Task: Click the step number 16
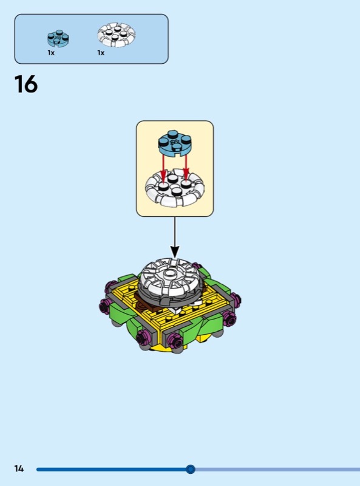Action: [26, 84]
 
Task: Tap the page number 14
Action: [19, 468]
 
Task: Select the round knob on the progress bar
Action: [191, 469]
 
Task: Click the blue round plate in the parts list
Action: [58, 38]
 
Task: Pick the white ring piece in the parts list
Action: [117, 35]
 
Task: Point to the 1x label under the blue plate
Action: [51, 53]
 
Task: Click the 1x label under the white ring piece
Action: [101, 53]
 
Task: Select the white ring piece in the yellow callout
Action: [175, 187]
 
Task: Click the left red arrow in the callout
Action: [163, 168]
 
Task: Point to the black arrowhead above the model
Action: [175, 252]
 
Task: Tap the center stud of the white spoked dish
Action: [169, 273]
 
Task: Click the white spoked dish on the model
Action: [171, 276]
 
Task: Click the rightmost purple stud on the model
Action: [236, 299]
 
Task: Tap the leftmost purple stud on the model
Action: [104, 307]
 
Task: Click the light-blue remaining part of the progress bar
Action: [277, 469]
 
